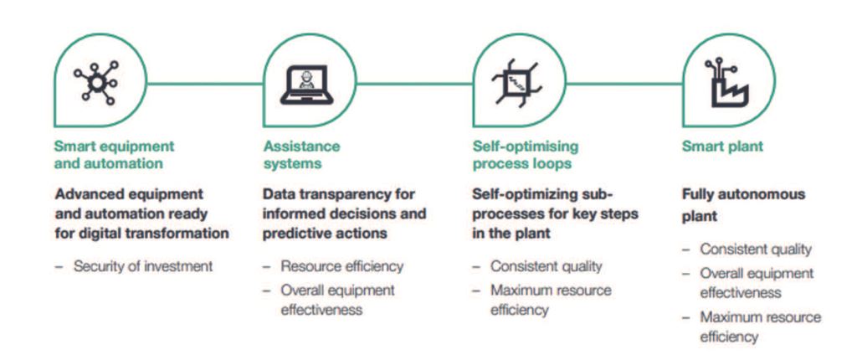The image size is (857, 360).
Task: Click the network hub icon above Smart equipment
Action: [96, 83]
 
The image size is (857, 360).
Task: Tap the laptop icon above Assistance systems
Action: [306, 85]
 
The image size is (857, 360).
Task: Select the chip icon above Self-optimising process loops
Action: [516, 83]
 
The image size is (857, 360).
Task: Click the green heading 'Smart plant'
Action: [722, 147]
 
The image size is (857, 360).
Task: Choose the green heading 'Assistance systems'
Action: [301, 155]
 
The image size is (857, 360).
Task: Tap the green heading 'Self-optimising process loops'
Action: [526, 155]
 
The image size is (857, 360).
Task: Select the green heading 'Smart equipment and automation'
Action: [114, 155]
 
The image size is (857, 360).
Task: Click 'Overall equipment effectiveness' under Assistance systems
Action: [338, 299]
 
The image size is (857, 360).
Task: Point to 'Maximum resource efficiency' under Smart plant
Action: [760, 327]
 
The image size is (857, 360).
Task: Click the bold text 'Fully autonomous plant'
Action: [743, 205]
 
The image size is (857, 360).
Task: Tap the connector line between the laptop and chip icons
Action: [414, 84]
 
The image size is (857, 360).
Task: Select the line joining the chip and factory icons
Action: [624, 84]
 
